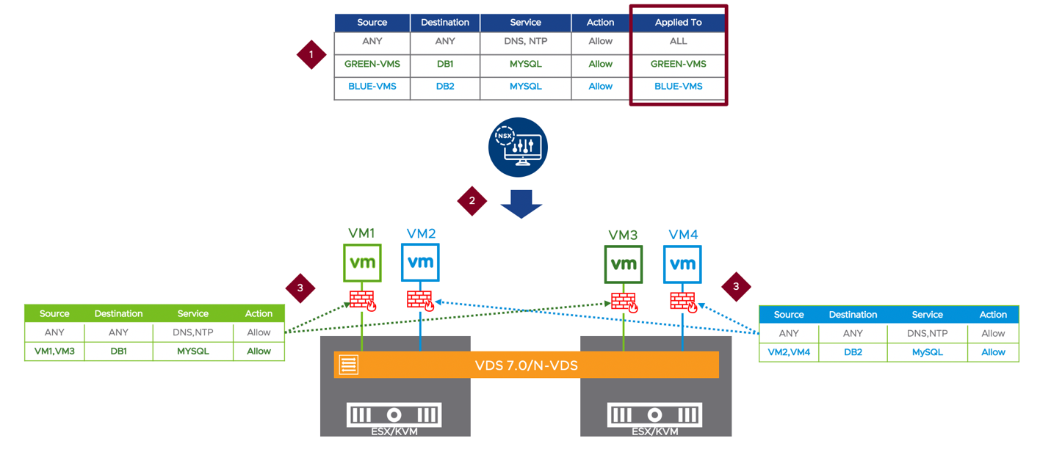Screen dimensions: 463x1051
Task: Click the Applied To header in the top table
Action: pyautogui.click(x=678, y=23)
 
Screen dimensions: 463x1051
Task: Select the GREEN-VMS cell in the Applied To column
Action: pyautogui.click(x=678, y=65)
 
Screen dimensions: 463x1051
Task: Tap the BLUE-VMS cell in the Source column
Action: pyautogui.click(x=372, y=87)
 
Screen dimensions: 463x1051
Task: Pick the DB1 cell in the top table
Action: pyautogui.click(x=444, y=65)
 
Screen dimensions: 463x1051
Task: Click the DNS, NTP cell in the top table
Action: pyautogui.click(x=525, y=42)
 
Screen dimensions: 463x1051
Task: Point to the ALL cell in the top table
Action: pyautogui.click(x=678, y=42)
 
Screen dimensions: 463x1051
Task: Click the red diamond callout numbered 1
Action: pyautogui.click(x=311, y=55)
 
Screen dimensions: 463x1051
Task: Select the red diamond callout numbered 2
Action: pyautogui.click(x=472, y=200)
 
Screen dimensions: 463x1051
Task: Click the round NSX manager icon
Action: pyautogui.click(x=519, y=147)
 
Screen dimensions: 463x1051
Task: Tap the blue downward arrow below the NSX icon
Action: pyautogui.click(x=521, y=203)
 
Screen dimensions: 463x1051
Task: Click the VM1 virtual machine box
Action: pyautogui.click(x=362, y=263)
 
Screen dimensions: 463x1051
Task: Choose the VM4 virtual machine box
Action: pyautogui.click(x=682, y=264)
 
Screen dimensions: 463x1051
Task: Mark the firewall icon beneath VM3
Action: pyautogui.click(x=624, y=302)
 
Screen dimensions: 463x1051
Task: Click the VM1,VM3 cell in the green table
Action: pyautogui.click(x=54, y=351)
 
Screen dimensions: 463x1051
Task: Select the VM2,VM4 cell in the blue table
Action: pyautogui.click(x=788, y=352)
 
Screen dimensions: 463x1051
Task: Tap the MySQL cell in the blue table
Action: pyautogui.click(x=927, y=352)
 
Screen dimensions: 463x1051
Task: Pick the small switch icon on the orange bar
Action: pyautogui.click(x=349, y=365)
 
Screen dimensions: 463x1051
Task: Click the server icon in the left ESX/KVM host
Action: pyautogui.click(x=394, y=415)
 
